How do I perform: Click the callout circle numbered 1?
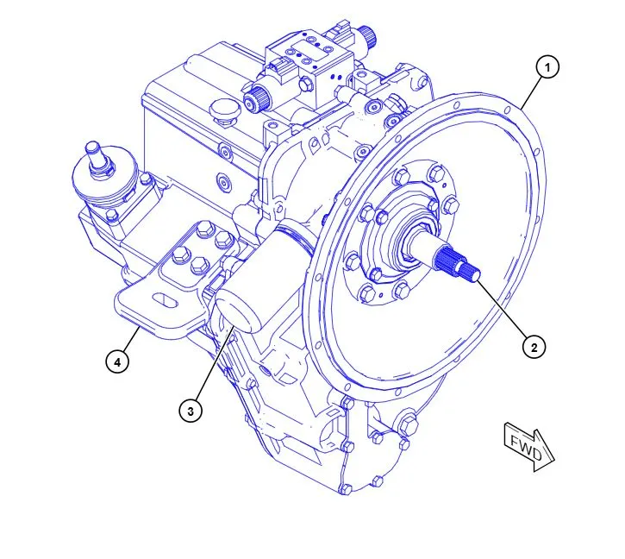pos(547,67)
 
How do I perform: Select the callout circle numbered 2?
pos(534,348)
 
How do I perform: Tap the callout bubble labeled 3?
pos(191,411)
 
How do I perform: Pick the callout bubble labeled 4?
pos(117,362)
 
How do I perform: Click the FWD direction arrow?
pos(529,447)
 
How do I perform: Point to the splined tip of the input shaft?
pos(458,263)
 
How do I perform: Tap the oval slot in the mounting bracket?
pos(164,300)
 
